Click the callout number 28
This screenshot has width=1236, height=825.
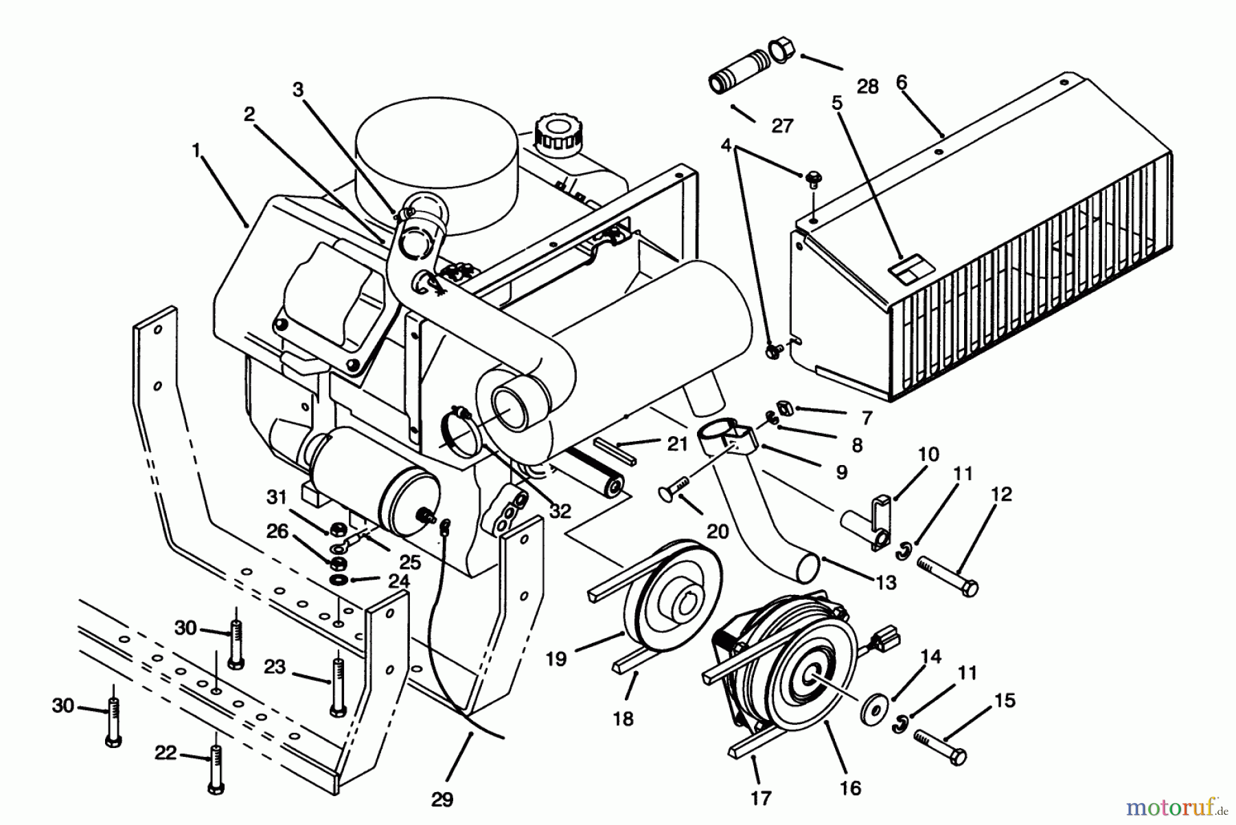868,87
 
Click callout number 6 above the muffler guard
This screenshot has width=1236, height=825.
902,82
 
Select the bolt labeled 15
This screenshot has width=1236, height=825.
940,747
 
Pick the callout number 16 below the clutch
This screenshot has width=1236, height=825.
850,788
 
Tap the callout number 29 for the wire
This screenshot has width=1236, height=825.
443,800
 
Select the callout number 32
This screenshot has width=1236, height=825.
561,510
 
